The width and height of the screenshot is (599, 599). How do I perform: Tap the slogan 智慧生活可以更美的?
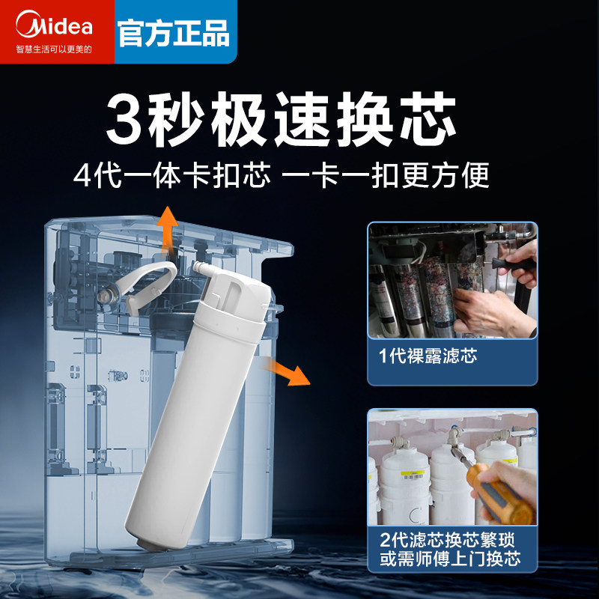pos(54,49)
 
